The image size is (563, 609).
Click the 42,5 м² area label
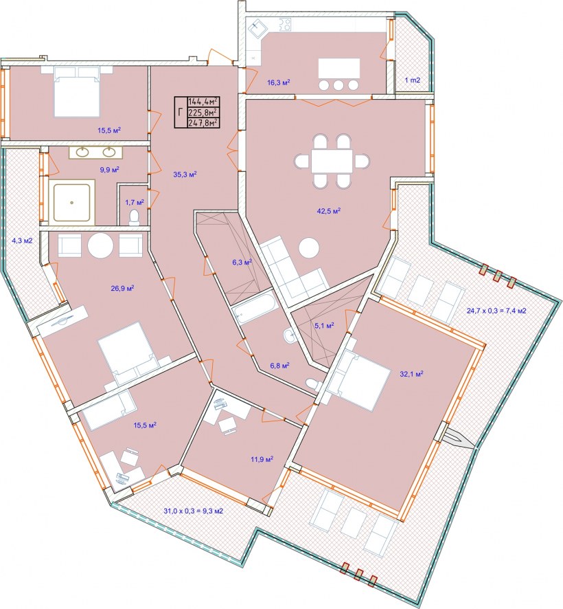coord(329,211)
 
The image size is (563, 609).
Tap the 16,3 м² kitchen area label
coord(279,82)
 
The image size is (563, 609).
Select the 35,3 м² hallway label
coord(185,175)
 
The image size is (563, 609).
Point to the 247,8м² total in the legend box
coord(203,123)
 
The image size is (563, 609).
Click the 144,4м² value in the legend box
coord(203,101)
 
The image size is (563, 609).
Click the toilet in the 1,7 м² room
coord(134,217)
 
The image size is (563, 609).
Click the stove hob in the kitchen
coord(284,25)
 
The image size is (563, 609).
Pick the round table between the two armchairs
coord(100,245)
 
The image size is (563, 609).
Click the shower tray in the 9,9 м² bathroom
coord(72,202)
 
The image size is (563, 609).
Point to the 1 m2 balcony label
coord(413,80)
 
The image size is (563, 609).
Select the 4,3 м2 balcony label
coord(22,241)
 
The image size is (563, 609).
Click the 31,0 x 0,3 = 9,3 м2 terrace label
coord(193,511)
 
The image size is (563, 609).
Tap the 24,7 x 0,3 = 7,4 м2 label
coord(496,311)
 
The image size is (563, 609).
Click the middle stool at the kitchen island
coord(338,85)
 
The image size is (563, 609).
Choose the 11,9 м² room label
coord(262,459)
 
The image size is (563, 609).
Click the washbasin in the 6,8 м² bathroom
coord(289,335)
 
